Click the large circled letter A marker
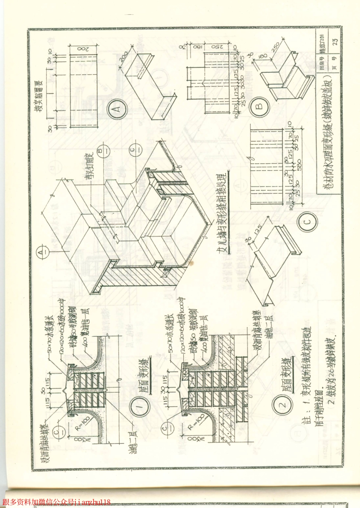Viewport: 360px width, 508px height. pyautogui.click(x=116, y=109)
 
